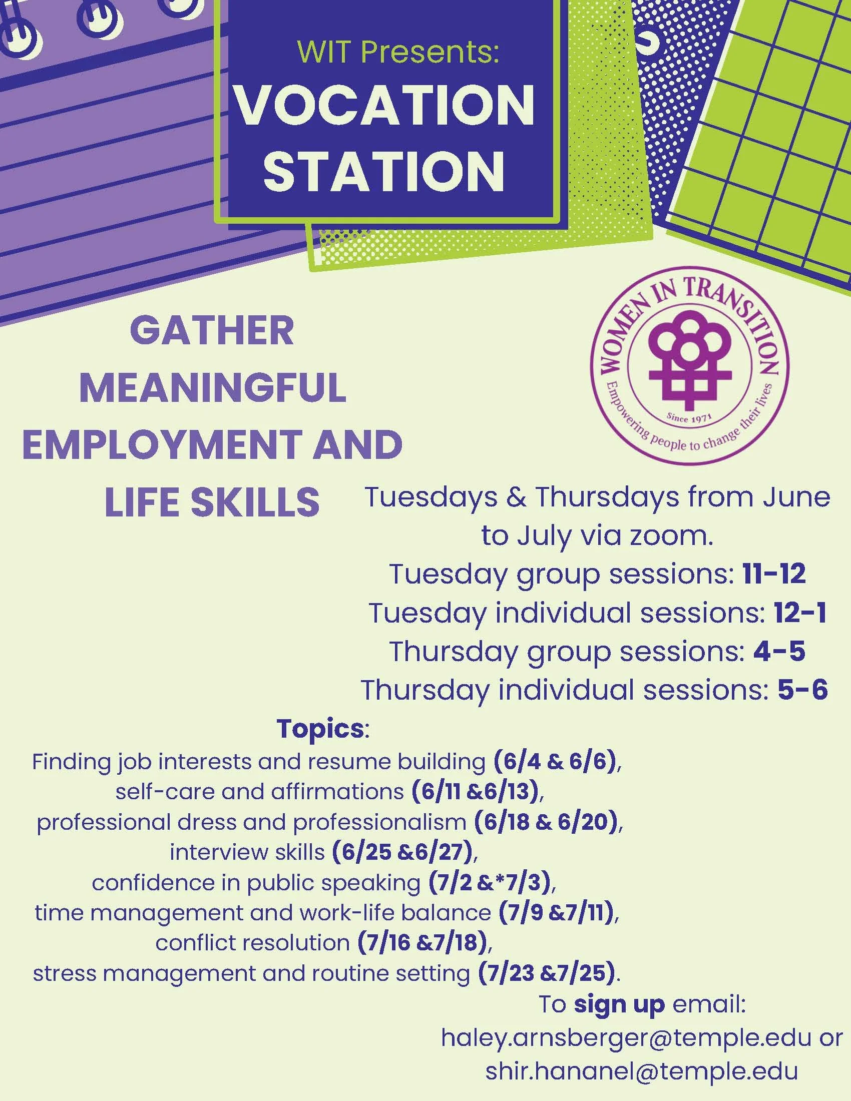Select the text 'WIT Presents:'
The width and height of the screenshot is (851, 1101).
(x=398, y=52)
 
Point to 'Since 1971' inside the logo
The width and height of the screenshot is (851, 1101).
(x=689, y=417)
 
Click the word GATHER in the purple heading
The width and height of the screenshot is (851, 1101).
(x=212, y=331)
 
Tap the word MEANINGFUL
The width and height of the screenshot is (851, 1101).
(x=213, y=388)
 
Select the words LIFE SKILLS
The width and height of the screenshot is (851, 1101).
(x=212, y=501)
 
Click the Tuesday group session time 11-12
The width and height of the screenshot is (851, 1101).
(x=774, y=574)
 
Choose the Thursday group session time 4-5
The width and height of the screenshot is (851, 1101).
(x=779, y=651)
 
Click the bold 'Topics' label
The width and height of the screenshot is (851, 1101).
(x=320, y=729)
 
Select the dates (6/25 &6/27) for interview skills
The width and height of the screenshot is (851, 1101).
(x=402, y=852)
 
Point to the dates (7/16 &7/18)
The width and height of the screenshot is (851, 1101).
(x=422, y=942)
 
